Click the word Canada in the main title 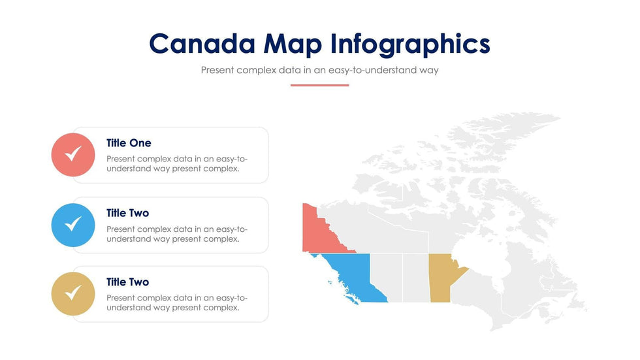pyautogui.click(x=202, y=44)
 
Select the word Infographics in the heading pyautogui.click(x=410, y=44)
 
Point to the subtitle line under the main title pyautogui.click(x=319, y=70)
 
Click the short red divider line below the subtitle pyautogui.click(x=319, y=86)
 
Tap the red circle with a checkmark pyautogui.click(x=73, y=155)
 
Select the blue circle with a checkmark pyautogui.click(x=73, y=225)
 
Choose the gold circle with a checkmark pyautogui.click(x=73, y=294)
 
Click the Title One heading pyautogui.click(x=129, y=143)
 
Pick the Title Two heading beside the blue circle pyautogui.click(x=127, y=213)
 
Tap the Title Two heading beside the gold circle pyautogui.click(x=127, y=282)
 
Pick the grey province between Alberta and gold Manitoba pyautogui.click(x=416, y=278)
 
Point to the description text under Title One pyautogui.click(x=177, y=164)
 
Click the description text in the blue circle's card pyautogui.click(x=177, y=234)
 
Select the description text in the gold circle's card pyautogui.click(x=177, y=303)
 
